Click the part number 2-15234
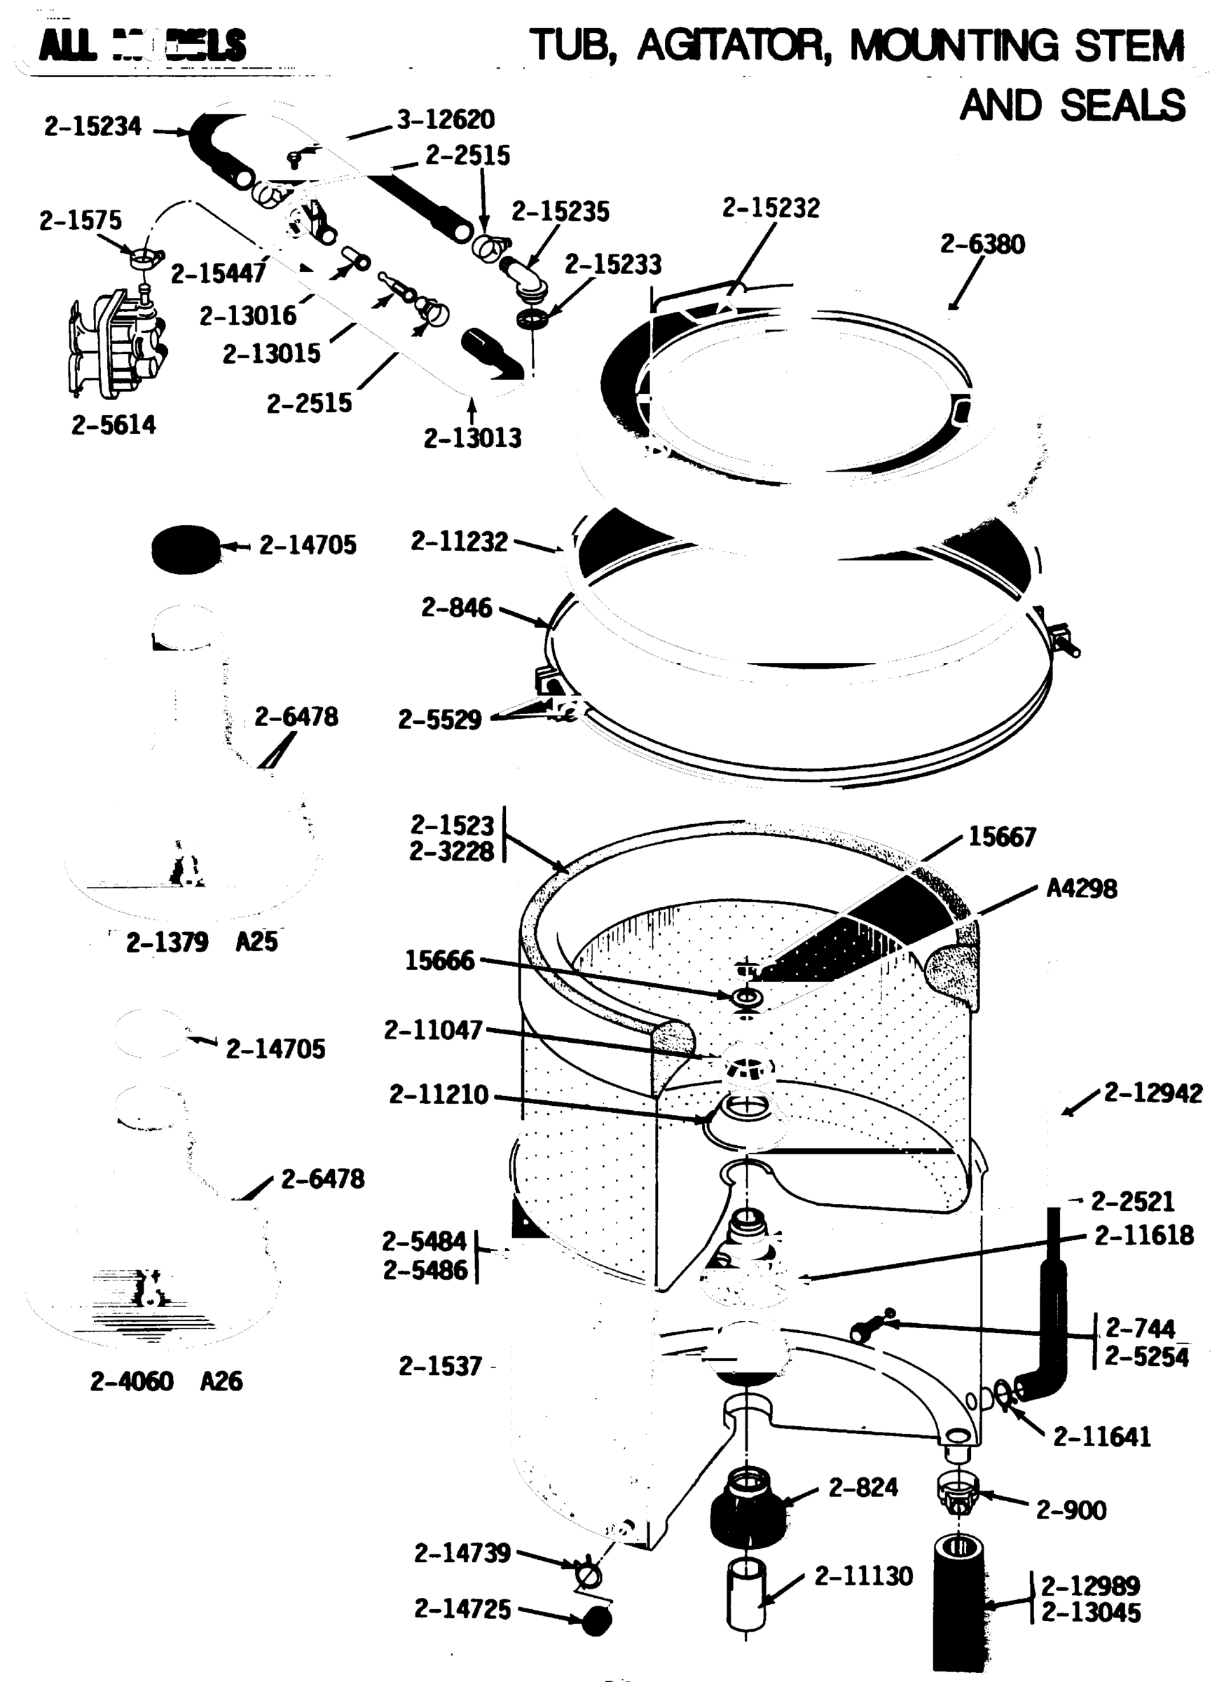point(92,128)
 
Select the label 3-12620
point(446,119)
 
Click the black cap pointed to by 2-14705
point(186,549)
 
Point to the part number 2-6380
point(982,244)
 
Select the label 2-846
point(457,608)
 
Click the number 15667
point(1002,837)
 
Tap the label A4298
point(1081,889)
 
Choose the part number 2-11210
point(438,1095)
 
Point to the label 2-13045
point(1090,1613)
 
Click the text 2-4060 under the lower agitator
point(132,1381)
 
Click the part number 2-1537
point(440,1366)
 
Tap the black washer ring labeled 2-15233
point(532,319)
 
